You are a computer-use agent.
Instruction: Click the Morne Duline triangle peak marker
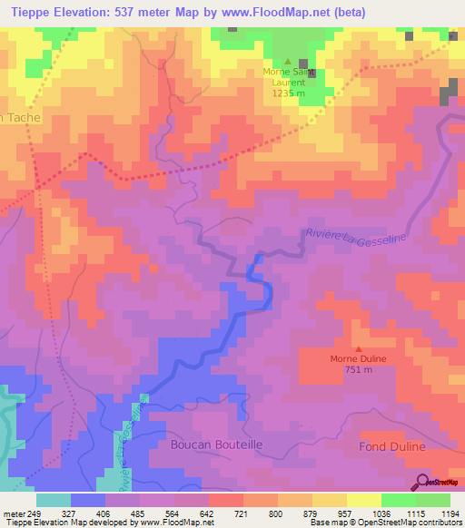point(358,348)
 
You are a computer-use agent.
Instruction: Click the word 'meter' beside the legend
point(14,513)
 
